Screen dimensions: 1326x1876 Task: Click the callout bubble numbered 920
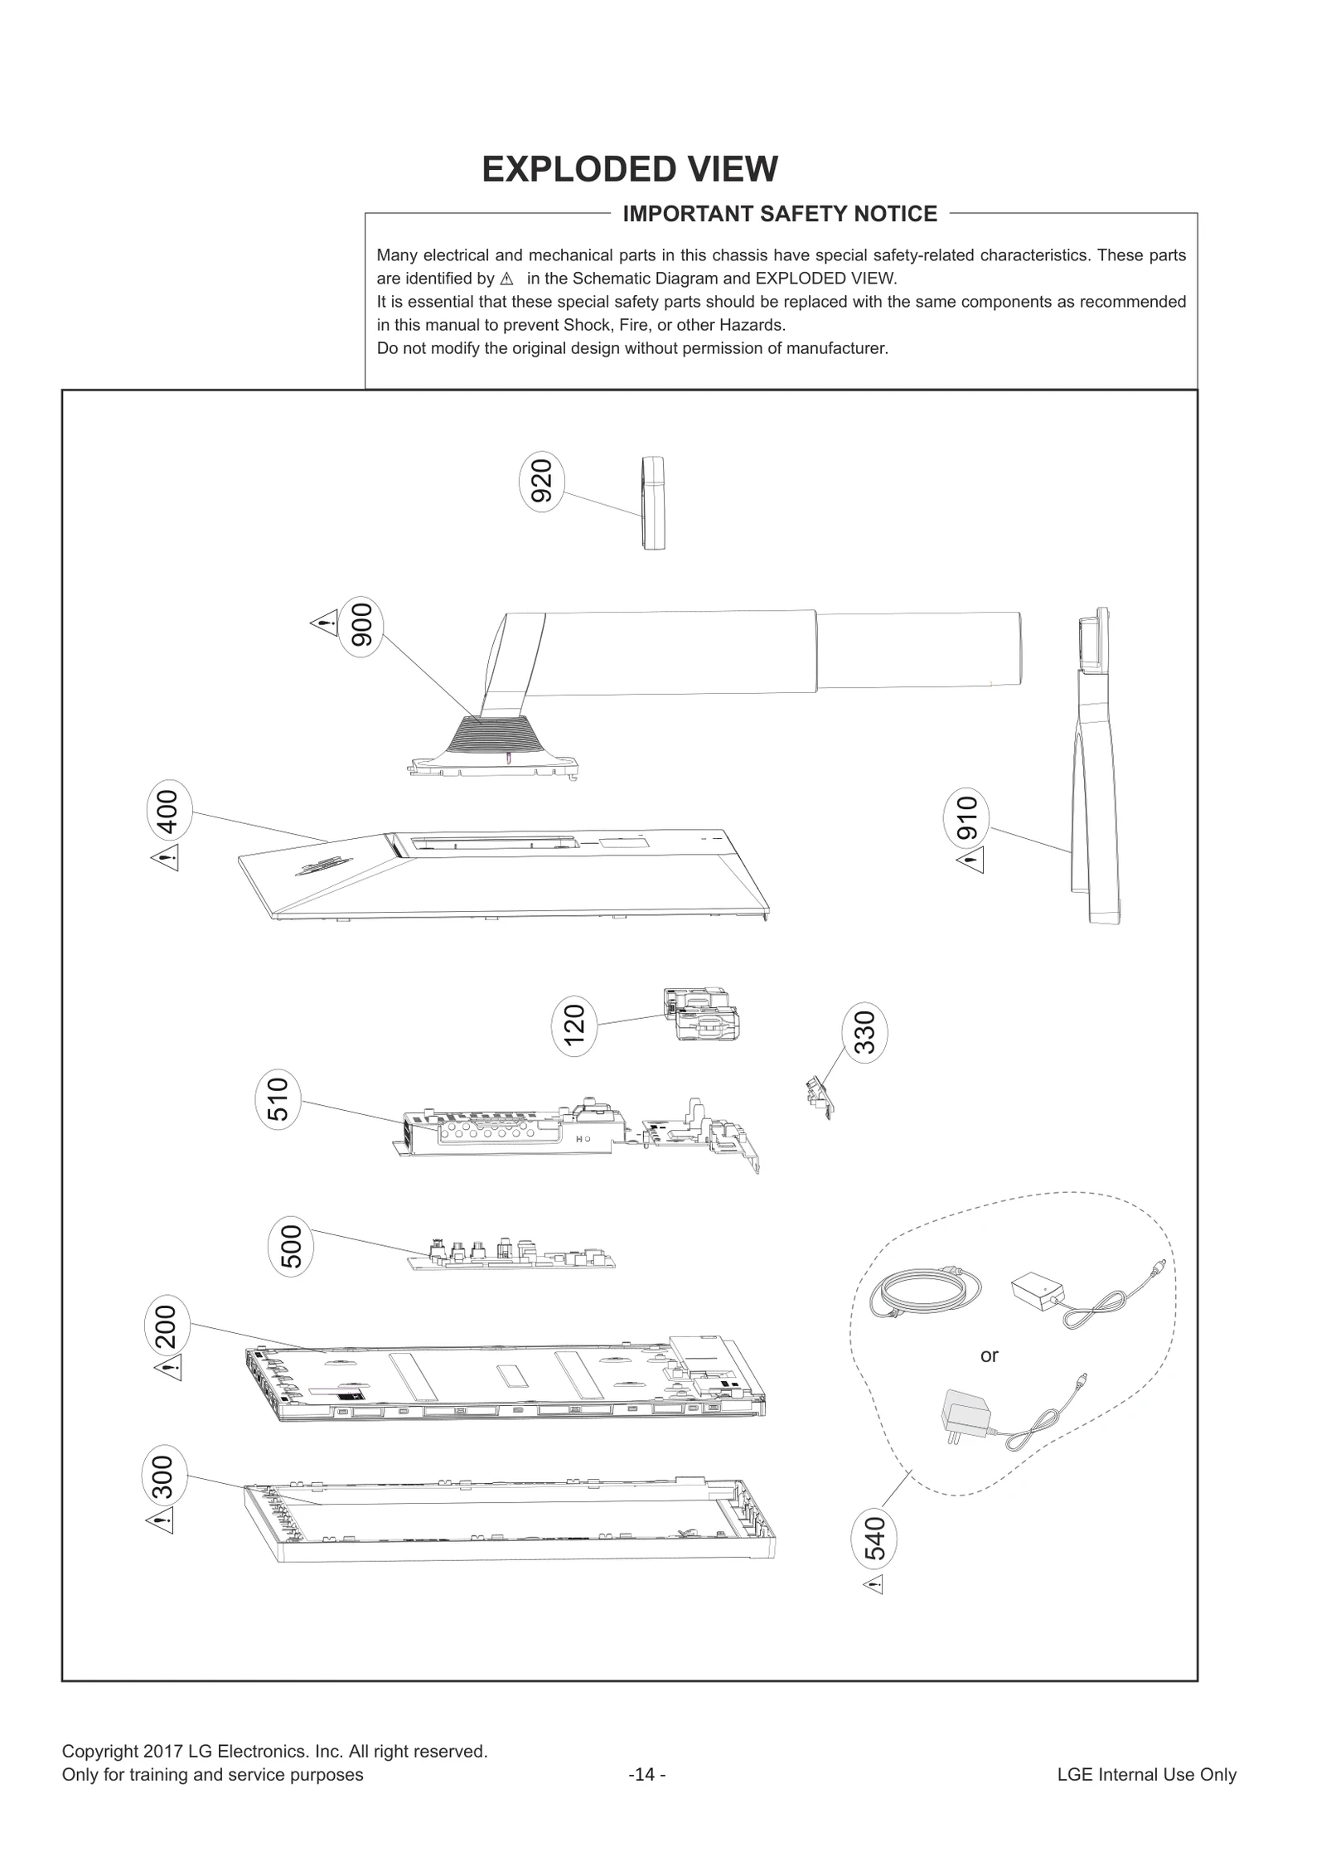pos(541,482)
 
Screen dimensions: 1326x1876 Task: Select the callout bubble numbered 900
pos(362,626)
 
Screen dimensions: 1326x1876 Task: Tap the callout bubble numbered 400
pos(168,812)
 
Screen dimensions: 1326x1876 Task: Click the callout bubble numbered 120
pos(573,1025)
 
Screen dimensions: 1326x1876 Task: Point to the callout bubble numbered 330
pos(864,1033)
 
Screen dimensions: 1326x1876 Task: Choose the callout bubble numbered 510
pos(278,1098)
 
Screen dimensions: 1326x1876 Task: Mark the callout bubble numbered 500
pos(292,1246)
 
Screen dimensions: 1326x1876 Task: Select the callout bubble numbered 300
pos(164,1476)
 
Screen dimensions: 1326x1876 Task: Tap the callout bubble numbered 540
pos(875,1539)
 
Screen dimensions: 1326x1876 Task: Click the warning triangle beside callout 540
pos(874,1585)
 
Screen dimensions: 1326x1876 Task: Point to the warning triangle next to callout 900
pos(324,623)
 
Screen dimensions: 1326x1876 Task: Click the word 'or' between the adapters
pos(989,1355)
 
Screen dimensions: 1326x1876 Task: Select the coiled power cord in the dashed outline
pos(925,1293)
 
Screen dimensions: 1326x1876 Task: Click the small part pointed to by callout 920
pos(653,502)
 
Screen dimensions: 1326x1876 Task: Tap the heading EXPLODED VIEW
pos(630,169)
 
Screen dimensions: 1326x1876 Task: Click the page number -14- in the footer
pos(647,1775)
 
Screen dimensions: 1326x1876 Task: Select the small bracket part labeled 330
pos(819,1096)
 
